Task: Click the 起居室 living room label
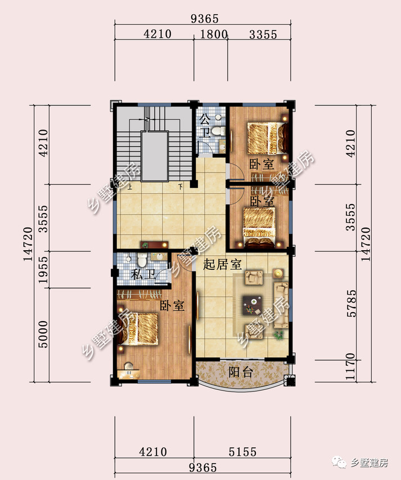[222, 264]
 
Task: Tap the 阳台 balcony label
[241, 372]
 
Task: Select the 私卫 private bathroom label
[143, 274]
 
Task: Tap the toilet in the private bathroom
[142, 260]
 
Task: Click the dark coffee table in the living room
[253, 305]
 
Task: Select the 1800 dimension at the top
[213, 34]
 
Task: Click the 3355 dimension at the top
[263, 34]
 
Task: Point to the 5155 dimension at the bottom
[242, 451]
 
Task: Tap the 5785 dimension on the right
[352, 303]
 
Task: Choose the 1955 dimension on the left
[43, 269]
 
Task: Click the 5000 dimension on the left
[43, 334]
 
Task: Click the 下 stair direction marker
[181, 186]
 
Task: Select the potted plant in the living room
[278, 335]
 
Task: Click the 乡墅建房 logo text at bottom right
[370, 463]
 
